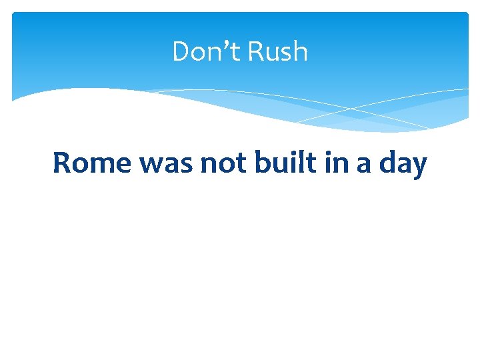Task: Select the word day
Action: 403,164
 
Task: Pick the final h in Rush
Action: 301,51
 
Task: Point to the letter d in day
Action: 387,163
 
